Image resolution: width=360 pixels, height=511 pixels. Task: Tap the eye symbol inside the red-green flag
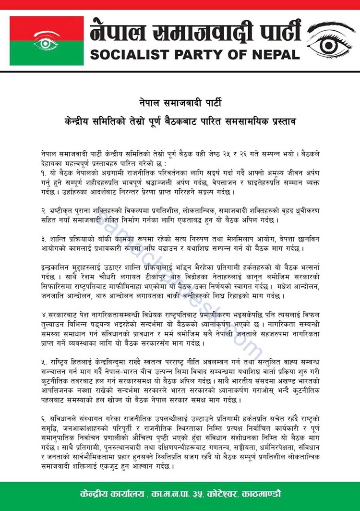click(47, 42)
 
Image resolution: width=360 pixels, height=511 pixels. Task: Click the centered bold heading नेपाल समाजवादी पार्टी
click(180, 102)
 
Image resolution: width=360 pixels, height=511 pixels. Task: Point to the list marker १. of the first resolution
click(44, 171)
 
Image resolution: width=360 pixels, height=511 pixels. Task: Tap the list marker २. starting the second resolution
click(44, 210)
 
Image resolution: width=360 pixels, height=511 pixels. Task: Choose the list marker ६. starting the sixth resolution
click(44, 415)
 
